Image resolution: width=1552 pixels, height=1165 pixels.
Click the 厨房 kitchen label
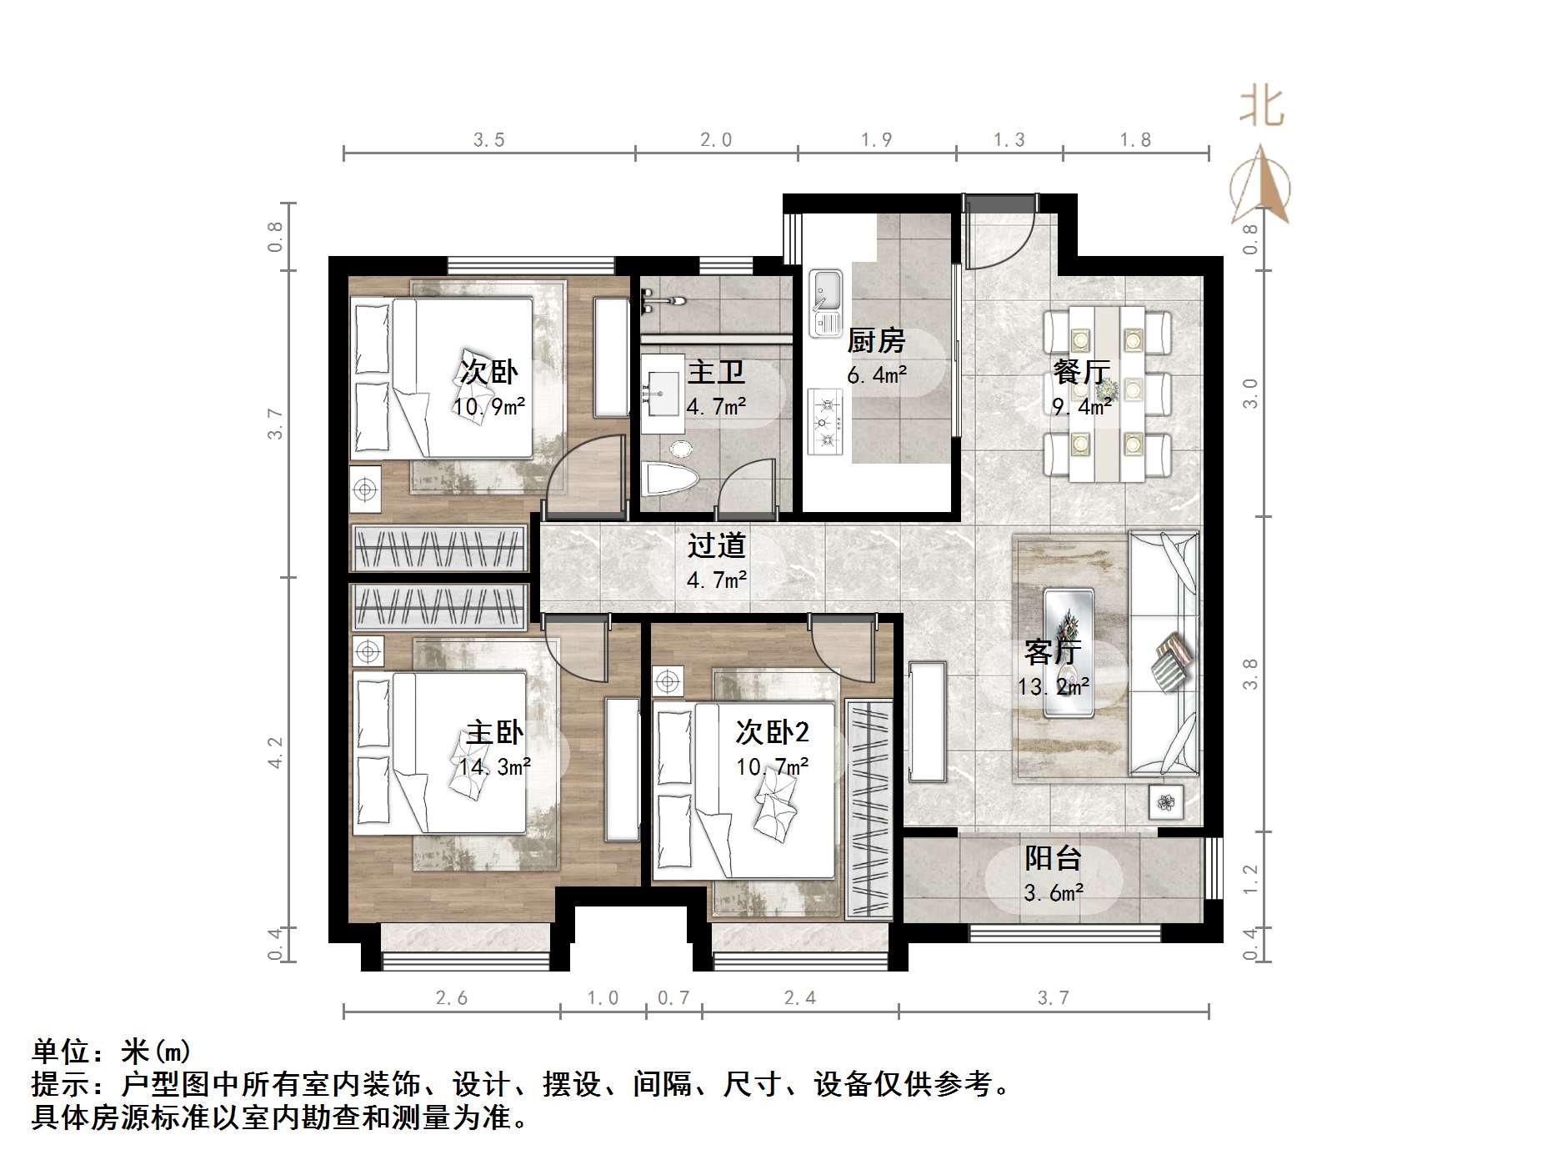(875, 341)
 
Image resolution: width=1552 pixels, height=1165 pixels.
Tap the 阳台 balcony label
(1053, 858)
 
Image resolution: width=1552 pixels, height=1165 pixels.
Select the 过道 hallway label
(716, 545)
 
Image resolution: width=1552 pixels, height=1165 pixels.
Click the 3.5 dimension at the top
(489, 140)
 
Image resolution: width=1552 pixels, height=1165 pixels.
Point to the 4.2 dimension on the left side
(276, 752)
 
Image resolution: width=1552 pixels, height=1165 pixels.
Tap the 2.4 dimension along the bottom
(800, 997)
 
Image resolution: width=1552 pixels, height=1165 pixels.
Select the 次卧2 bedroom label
(772, 732)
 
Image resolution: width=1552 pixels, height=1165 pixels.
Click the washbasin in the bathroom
(663, 393)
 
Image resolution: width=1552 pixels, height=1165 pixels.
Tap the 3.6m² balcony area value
(1053, 893)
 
